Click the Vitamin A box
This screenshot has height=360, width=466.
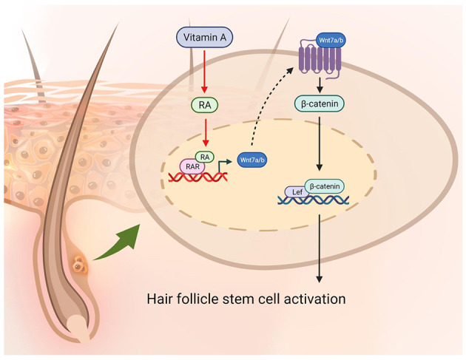tap(205, 38)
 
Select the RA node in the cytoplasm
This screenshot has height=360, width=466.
tap(204, 105)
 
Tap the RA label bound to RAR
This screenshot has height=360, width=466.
tap(205, 157)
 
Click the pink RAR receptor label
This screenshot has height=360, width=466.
tap(192, 166)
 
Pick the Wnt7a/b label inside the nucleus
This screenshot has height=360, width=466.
tap(252, 160)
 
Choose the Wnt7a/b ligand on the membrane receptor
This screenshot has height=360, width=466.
tap(331, 40)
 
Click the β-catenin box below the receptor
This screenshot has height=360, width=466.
tap(320, 104)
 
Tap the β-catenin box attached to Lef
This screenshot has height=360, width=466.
tap(325, 186)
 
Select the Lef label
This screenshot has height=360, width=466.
tap(297, 192)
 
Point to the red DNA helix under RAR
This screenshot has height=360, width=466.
tap(198, 177)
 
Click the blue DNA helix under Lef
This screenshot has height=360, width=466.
tap(313, 200)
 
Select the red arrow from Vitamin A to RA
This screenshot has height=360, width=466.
tap(204, 71)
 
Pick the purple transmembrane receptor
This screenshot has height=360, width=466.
tap(320, 59)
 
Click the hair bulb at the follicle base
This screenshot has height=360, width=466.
tap(78, 328)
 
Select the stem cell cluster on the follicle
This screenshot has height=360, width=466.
tap(80, 265)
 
